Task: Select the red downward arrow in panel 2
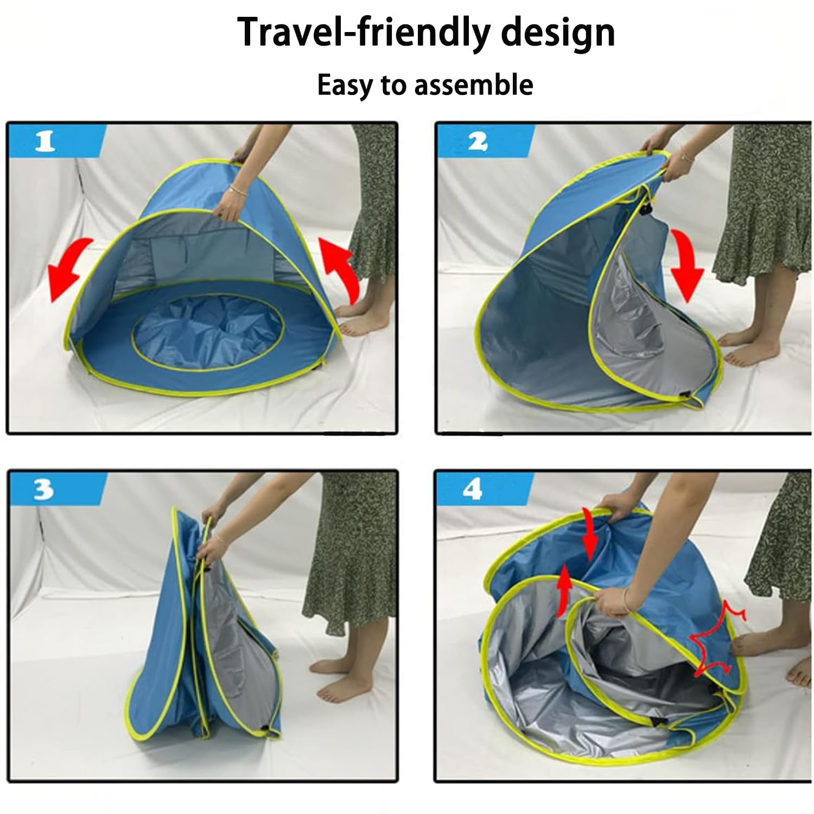pos(688,264)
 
